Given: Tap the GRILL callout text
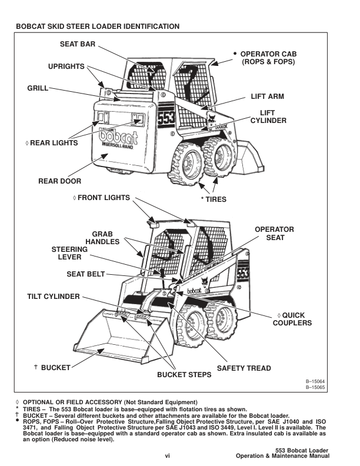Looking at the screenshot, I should click(38, 89).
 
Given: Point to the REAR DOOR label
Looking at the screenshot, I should click(59, 181).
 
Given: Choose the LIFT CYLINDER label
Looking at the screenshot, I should click(268, 116).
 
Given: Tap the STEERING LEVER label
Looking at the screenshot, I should click(70, 254).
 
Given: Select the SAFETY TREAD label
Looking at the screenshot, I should click(244, 369).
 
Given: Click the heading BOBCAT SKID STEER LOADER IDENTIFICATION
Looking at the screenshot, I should click(98, 26).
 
